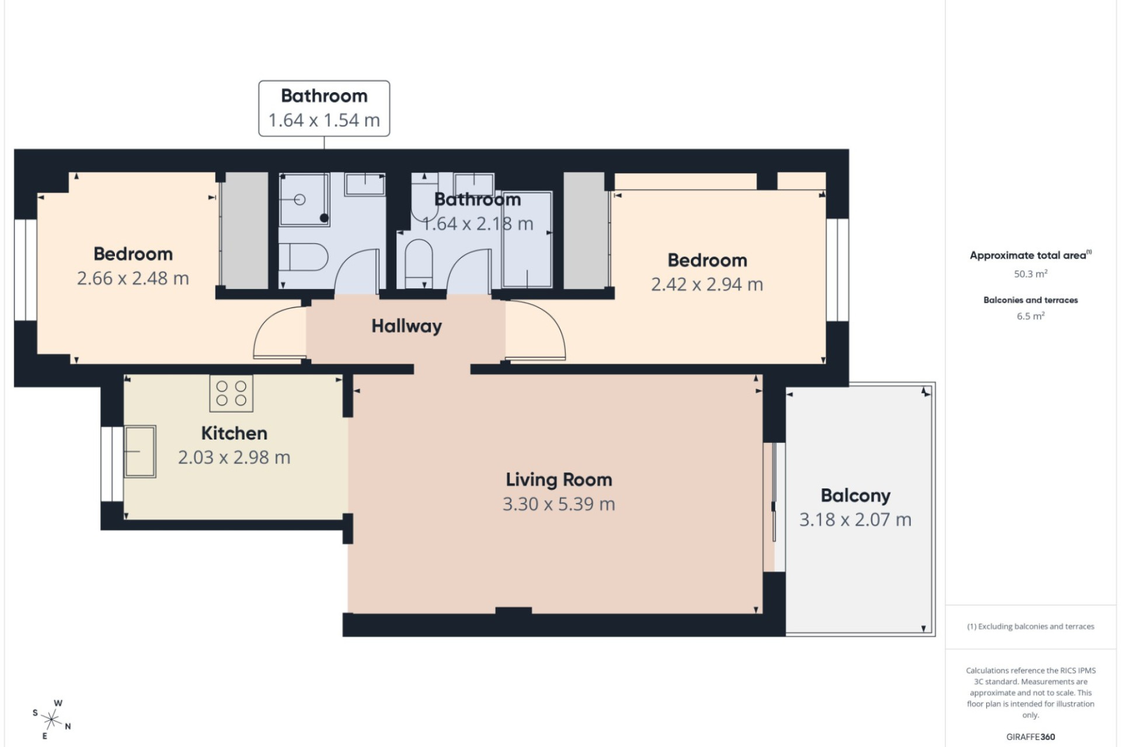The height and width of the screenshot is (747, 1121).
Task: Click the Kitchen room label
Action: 234,433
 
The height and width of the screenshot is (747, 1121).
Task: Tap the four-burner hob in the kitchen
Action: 231,393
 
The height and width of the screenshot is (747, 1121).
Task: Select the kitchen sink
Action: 140,452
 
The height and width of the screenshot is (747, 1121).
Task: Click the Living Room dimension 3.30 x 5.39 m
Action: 559,504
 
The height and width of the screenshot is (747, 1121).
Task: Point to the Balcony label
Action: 855,495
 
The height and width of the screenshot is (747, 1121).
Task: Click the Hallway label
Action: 406,326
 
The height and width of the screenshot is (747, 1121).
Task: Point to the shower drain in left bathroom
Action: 324,218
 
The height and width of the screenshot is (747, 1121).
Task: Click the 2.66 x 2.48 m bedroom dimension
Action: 133,278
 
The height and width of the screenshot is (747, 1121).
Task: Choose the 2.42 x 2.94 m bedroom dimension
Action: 707,284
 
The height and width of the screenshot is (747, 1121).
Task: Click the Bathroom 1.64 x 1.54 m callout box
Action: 324,109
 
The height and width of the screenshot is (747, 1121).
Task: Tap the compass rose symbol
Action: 51,720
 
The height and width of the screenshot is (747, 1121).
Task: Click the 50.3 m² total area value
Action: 1031,274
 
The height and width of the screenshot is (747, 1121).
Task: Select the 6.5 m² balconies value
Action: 1031,316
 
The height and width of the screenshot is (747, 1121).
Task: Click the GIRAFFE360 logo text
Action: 1031,737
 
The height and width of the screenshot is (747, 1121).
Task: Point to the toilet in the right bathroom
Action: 418,263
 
